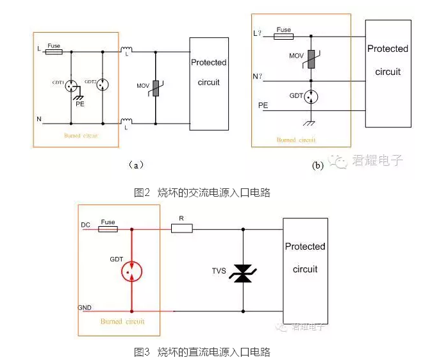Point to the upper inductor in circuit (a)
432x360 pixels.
click(126, 49)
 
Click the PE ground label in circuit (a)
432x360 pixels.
click(80, 102)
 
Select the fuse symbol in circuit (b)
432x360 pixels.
click(283, 37)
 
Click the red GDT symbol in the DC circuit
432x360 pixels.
click(131, 270)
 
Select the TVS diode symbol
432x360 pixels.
click(243, 272)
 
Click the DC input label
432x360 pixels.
click(85, 225)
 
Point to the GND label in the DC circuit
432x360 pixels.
click(85, 308)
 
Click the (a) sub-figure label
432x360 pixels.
click(135, 165)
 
